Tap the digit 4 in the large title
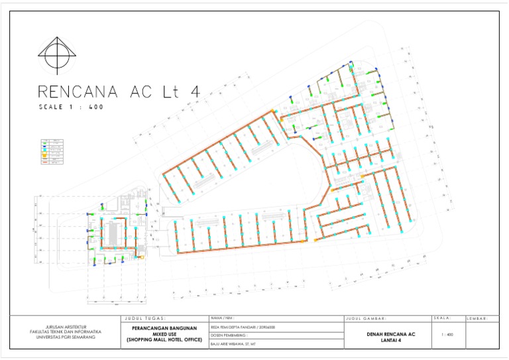pyautogui.click(x=194, y=91)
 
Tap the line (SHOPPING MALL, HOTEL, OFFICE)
pyautogui.click(x=163, y=340)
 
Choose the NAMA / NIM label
pyautogui.click(x=223, y=318)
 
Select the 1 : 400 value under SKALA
pyautogui.click(x=447, y=335)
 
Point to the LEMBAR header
pyautogui.click(x=479, y=319)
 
